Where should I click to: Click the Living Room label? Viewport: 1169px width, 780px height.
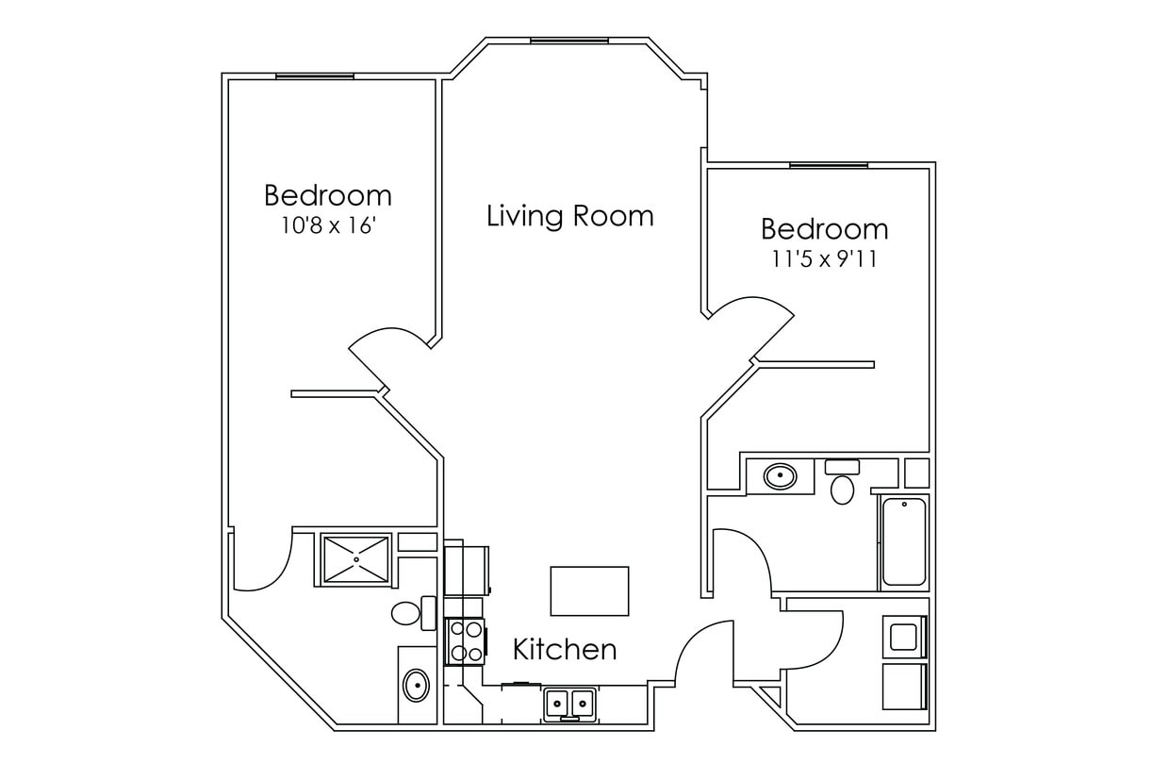click(x=569, y=215)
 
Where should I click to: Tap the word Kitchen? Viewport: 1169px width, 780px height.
click(x=565, y=649)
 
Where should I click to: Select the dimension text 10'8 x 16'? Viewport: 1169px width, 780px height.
click(x=328, y=226)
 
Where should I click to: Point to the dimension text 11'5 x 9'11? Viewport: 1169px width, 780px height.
click(x=824, y=259)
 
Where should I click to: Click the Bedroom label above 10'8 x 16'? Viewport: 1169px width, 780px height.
click(x=328, y=195)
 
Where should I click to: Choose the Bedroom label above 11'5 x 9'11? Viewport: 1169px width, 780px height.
click(x=824, y=229)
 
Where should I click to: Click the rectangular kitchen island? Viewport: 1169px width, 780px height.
click(x=589, y=590)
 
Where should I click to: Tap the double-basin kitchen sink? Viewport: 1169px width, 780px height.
click(x=569, y=702)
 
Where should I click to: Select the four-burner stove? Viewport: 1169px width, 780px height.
click(x=465, y=641)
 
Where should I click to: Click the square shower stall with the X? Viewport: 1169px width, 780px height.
click(x=355, y=559)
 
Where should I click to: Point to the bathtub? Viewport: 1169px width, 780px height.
click(x=903, y=541)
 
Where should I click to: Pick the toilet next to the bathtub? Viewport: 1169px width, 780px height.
click(x=842, y=483)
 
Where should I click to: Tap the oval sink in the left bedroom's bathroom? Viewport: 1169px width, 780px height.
click(x=416, y=684)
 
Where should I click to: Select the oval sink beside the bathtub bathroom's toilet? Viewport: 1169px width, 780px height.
click(x=779, y=475)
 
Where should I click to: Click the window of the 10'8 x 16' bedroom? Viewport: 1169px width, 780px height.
click(x=315, y=76)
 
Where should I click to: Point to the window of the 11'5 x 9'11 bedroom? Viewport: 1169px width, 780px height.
click(x=828, y=165)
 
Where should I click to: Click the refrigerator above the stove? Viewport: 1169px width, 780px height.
click(x=469, y=570)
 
